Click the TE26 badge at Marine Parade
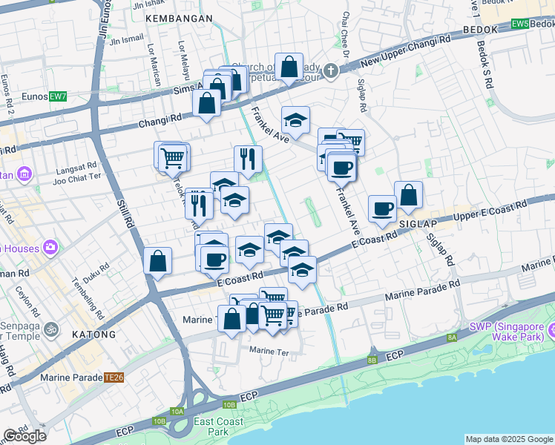(114, 377)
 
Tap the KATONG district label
(94, 334)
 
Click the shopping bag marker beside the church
(289, 67)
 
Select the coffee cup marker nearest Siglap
(383, 208)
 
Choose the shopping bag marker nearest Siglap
(408, 195)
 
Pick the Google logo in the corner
(24, 436)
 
